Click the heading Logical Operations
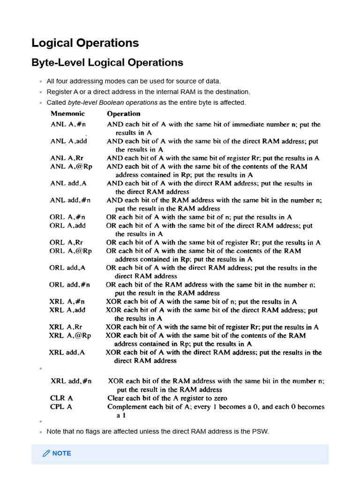[85, 43]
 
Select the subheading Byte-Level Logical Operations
[107, 62]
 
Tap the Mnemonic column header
[68, 114]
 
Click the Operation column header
[123, 114]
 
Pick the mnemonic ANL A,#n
[68, 125]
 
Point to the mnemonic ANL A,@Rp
[71, 166]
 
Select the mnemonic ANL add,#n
[70, 200]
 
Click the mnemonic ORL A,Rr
[66, 242]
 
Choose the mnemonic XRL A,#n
[67, 302]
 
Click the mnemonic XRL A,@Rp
[70, 336]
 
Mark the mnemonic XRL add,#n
[71, 382]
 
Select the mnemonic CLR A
[61, 398]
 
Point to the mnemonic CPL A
[61, 407]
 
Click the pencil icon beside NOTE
[46, 453]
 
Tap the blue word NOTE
[62, 453]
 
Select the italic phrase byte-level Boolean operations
[112, 103]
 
